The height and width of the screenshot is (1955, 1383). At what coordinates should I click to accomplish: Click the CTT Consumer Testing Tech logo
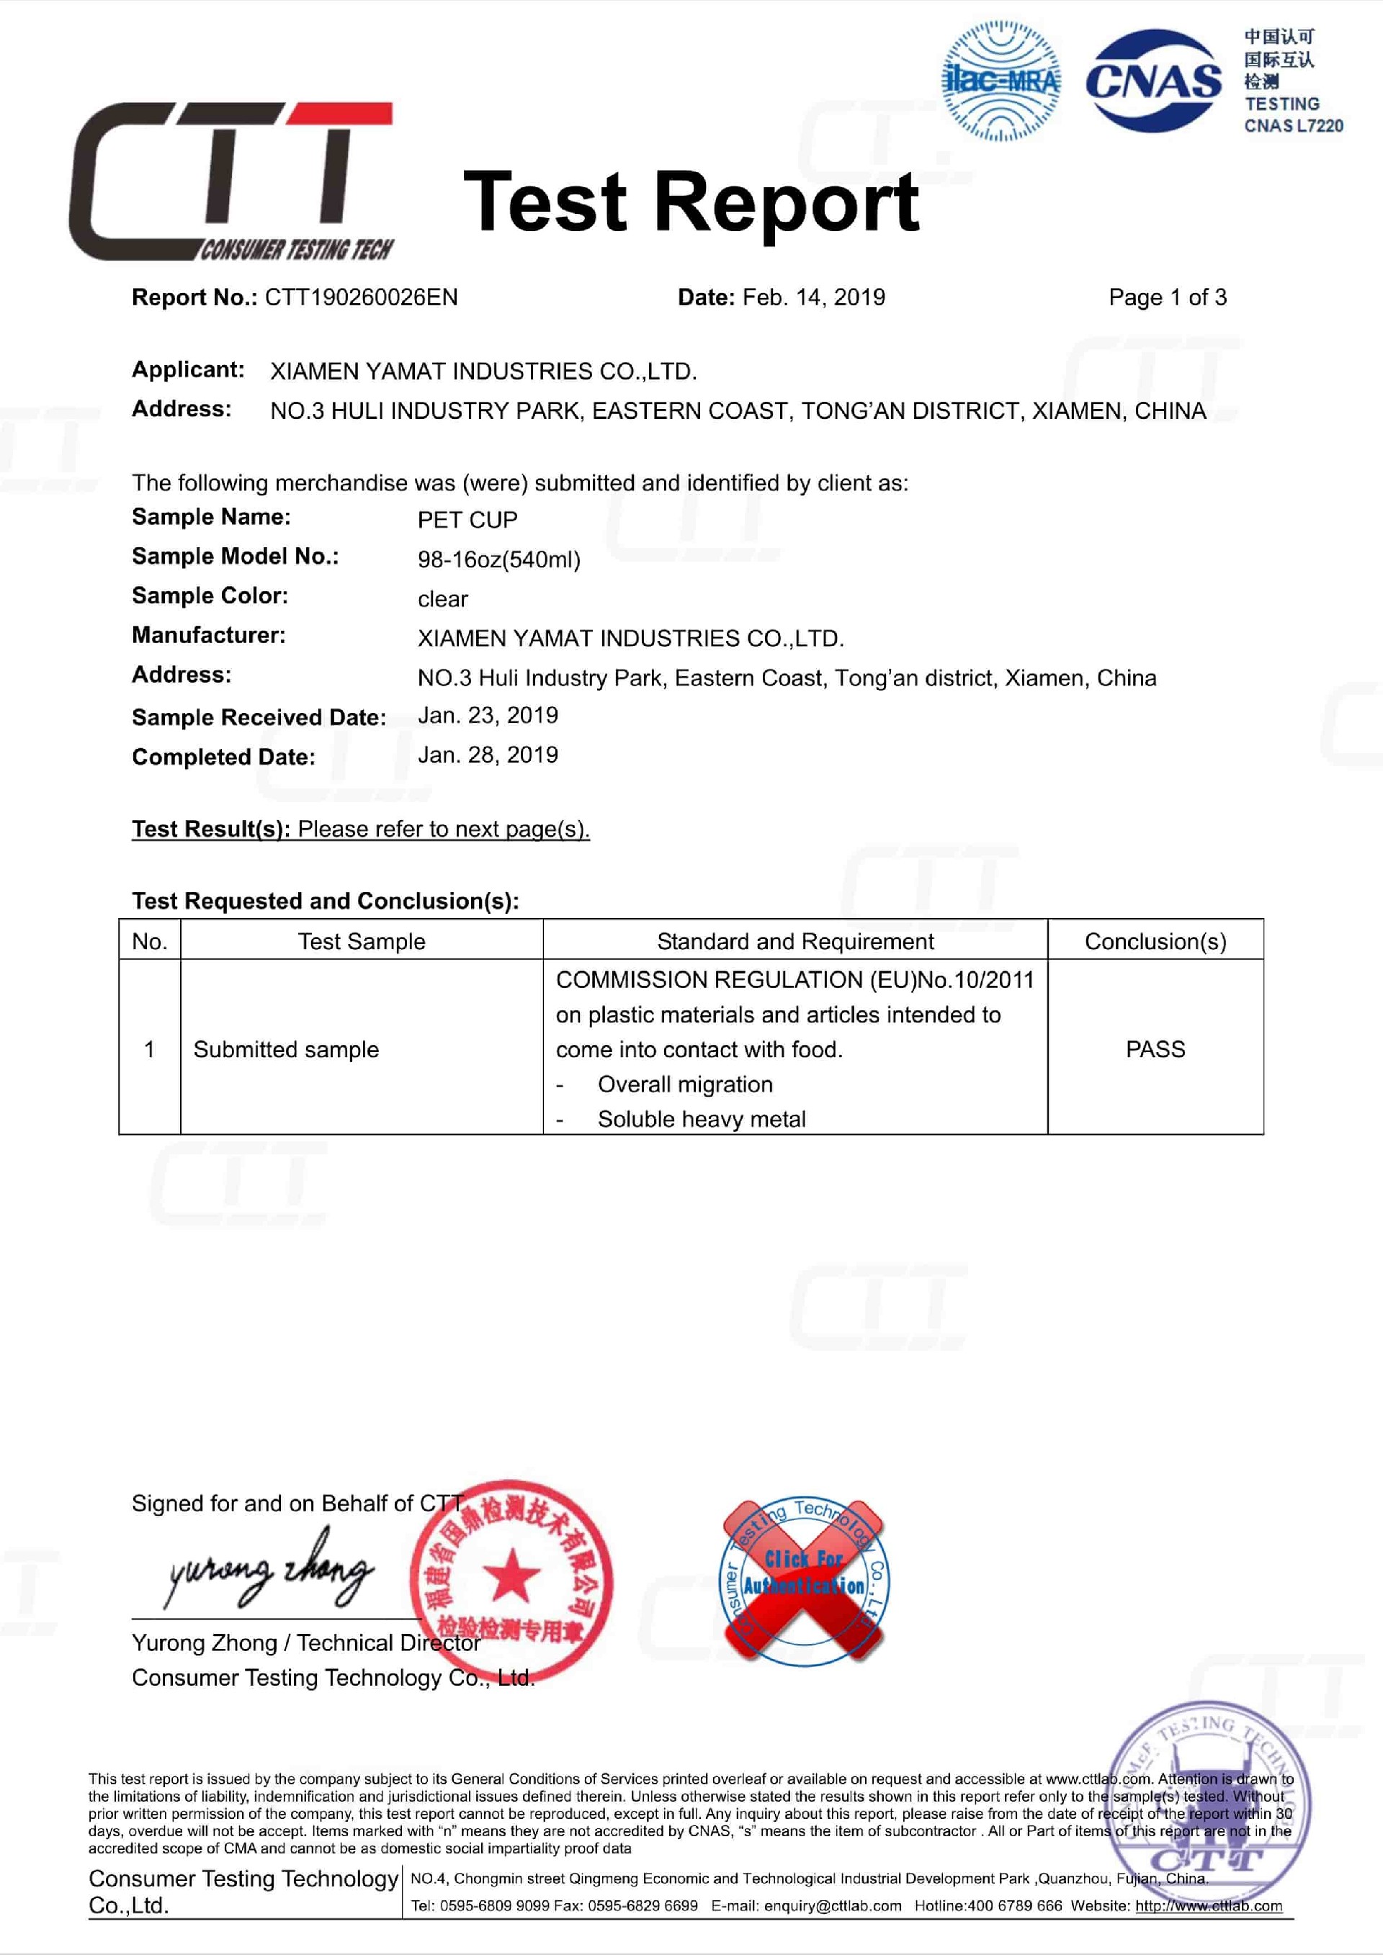[x=230, y=181]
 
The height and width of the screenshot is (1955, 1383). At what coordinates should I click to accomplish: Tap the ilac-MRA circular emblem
[x=1001, y=81]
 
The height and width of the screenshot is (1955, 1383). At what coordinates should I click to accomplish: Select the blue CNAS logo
[x=1153, y=81]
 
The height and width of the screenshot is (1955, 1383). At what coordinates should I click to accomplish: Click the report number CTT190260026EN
[x=361, y=297]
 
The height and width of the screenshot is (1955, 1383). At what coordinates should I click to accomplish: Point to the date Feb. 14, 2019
[x=813, y=297]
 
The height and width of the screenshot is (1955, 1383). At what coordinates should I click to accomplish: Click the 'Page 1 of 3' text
[x=1167, y=297]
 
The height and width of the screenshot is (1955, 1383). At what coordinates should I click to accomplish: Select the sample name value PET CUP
[x=467, y=519]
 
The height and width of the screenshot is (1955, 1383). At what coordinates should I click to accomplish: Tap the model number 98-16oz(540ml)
[x=498, y=559]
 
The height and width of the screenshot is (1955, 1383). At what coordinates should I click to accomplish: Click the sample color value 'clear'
[x=442, y=599]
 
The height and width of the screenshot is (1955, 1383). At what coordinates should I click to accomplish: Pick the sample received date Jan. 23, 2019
[x=487, y=715]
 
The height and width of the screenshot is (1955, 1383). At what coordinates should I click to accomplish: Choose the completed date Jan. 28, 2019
[x=487, y=755]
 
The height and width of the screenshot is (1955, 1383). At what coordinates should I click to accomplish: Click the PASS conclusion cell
[x=1155, y=1049]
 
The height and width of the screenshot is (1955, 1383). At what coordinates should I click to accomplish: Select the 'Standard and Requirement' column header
[x=795, y=941]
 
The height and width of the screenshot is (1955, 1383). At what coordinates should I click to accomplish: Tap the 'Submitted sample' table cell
[x=286, y=1049]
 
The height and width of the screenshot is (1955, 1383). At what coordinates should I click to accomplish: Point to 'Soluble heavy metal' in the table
[x=701, y=1119]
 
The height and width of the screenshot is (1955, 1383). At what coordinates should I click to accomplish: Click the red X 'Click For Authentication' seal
[x=804, y=1581]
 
